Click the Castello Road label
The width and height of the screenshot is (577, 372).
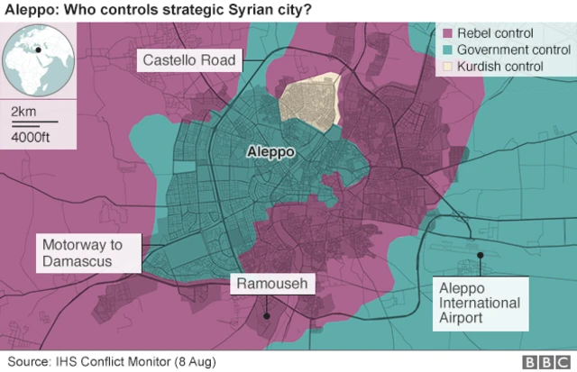click(190, 61)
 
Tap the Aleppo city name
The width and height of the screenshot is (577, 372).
click(270, 152)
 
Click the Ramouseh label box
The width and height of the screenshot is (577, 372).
click(272, 286)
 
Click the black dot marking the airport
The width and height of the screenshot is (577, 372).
click(481, 256)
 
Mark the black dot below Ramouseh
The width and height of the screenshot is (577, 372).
click(267, 316)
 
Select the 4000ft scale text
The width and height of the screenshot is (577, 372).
click(32, 137)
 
